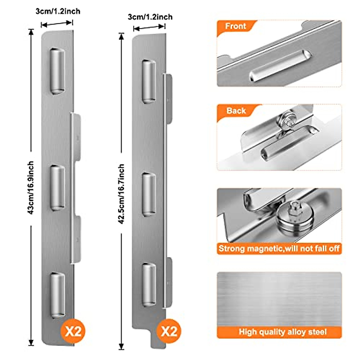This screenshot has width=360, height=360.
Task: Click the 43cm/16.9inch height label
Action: (x=31, y=187)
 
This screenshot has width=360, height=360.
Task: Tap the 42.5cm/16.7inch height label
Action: (x=121, y=193)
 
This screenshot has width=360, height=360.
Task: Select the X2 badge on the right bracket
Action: (x=169, y=331)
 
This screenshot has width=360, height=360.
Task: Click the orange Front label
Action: (x=235, y=26)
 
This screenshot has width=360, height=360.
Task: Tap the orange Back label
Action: (x=236, y=111)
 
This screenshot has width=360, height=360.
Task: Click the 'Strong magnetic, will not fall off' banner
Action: (x=279, y=249)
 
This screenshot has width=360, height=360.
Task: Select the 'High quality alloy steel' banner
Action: (x=282, y=332)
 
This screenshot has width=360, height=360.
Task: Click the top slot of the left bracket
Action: (x=57, y=71)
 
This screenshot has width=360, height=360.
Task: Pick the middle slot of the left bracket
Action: (x=57, y=187)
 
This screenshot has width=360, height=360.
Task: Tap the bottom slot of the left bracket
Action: (x=57, y=295)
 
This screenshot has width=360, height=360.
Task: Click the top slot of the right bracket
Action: (x=149, y=81)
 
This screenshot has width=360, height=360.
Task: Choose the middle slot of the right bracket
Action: (x=149, y=194)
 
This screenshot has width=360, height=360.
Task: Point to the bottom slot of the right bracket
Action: (x=149, y=285)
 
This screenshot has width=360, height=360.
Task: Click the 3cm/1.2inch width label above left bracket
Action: (x=58, y=11)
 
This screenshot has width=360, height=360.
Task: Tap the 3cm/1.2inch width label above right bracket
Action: (x=150, y=17)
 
